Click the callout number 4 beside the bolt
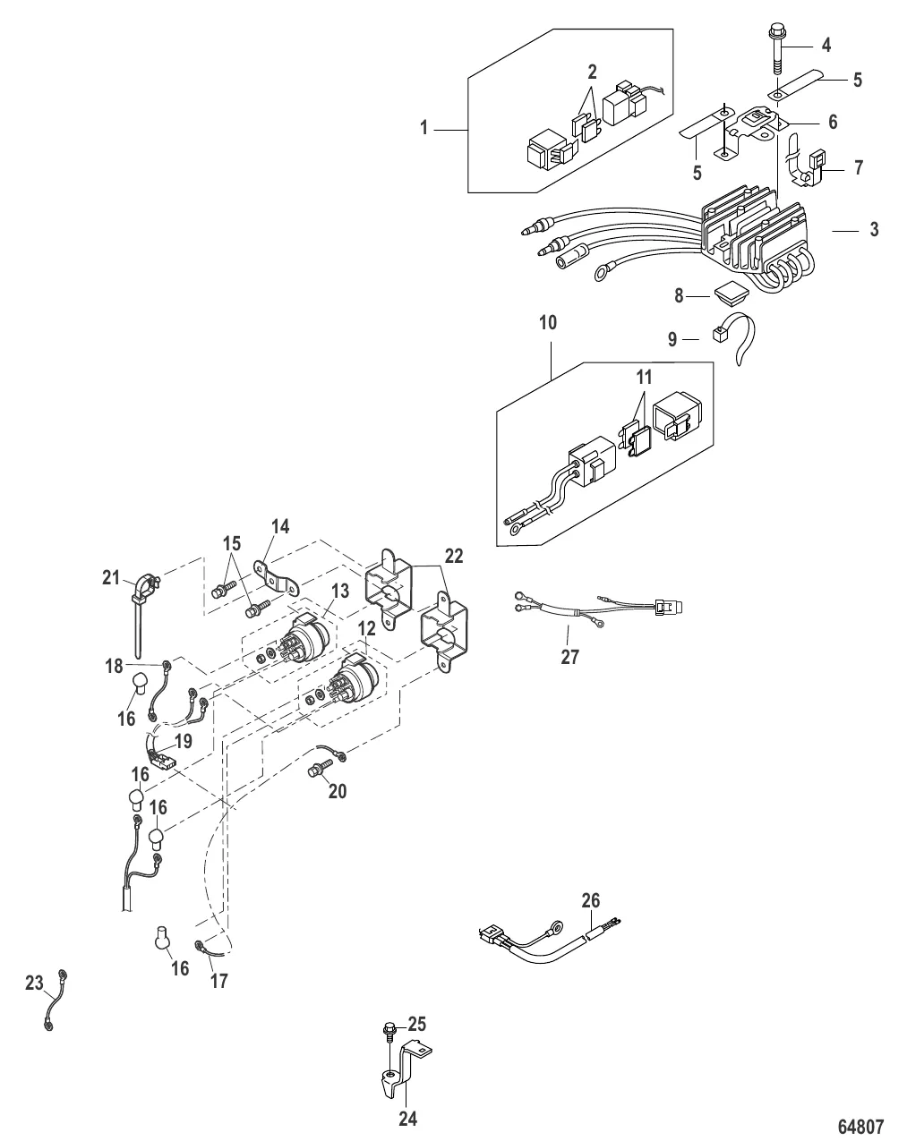(x=826, y=44)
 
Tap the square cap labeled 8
(x=727, y=292)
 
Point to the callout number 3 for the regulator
(x=873, y=229)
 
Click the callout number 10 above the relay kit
(x=548, y=323)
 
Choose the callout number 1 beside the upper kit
(x=424, y=129)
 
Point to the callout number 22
(x=454, y=556)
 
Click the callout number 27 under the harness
(x=569, y=658)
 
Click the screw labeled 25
(x=392, y=1033)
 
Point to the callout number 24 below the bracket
(x=407, y=1118)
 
